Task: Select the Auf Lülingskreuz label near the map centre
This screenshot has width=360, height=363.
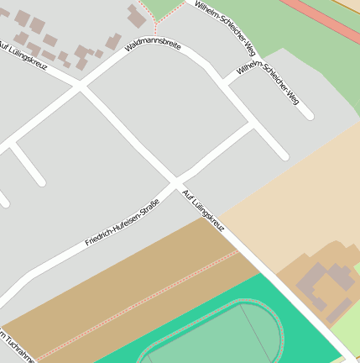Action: point(203,211)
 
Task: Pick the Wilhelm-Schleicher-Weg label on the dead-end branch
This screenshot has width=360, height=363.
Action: point(268,82)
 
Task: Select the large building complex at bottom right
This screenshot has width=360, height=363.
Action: point(324,286)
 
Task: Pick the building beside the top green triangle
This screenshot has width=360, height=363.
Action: point(136,16)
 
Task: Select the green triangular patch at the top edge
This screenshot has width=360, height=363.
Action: point(164,8)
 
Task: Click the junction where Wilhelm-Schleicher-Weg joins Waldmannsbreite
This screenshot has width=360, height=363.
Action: point(226,82)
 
